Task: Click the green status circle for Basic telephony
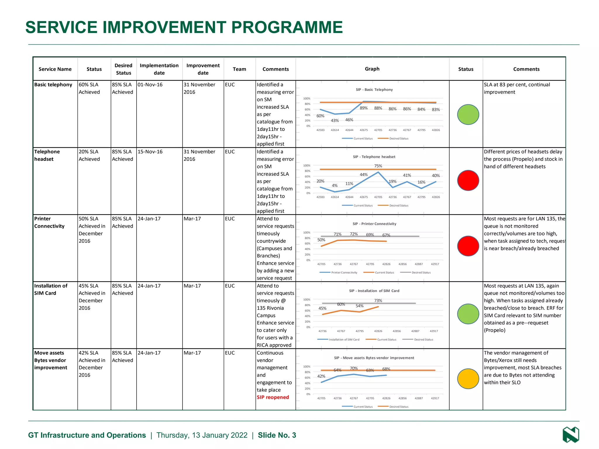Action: point(468,115)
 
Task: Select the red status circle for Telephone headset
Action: point(468,180)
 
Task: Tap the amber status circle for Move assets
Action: point(468,379)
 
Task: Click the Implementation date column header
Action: point(159,69)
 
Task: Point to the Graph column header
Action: point(372,69)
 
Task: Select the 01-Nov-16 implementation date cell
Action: point(150,85)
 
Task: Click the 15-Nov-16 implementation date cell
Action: point(150,152)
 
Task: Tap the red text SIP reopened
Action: point(273,397)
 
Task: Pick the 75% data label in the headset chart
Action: point(378,166)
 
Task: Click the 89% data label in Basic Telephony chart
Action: point(364,108)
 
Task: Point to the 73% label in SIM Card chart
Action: point(378,301)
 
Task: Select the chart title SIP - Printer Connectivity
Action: point(374,224)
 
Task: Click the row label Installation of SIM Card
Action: point(51,289)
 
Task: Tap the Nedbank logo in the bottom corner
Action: point(571,435)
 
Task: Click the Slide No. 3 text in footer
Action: point(277,435)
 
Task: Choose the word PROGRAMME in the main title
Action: point(287,27)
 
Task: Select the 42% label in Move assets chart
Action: point(321,376)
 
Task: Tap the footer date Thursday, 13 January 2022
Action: point(202,435)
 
